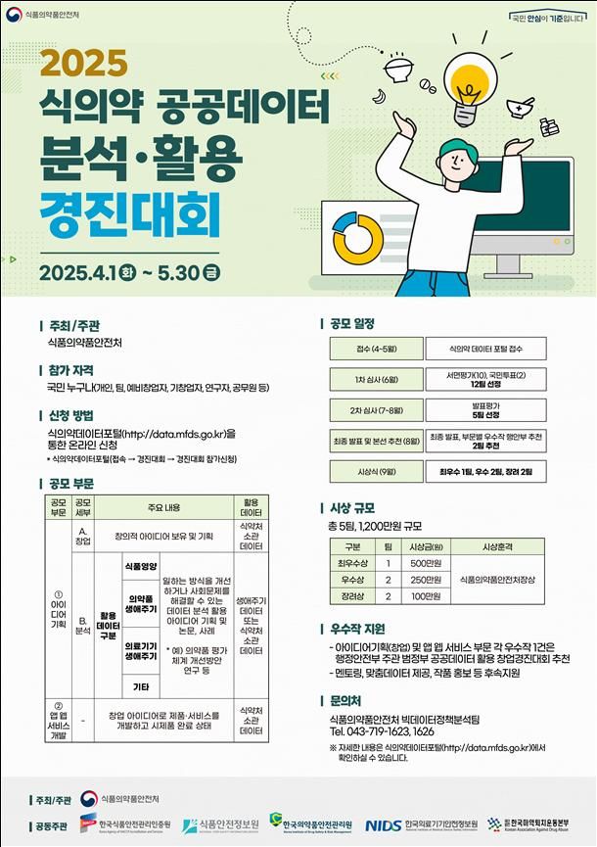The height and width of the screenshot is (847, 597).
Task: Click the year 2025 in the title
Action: click(x=85, y=64)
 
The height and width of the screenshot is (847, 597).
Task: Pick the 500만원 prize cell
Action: click(x=422, y=563)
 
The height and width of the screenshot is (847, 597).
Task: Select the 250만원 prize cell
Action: click(x=422, y=580)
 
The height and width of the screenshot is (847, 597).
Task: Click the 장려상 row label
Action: click(x=352, y=595)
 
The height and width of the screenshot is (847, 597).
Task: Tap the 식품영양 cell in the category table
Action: click(x=141, y=566)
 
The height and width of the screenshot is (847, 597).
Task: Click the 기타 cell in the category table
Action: click(x=141, y=685)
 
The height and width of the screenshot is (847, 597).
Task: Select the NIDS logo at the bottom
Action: click(x=383, y=825)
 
